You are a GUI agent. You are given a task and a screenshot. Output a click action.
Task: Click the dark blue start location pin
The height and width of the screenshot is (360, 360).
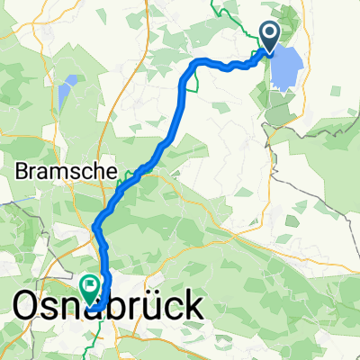271,36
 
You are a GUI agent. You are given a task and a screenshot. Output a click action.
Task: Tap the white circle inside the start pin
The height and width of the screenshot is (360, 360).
271,33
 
